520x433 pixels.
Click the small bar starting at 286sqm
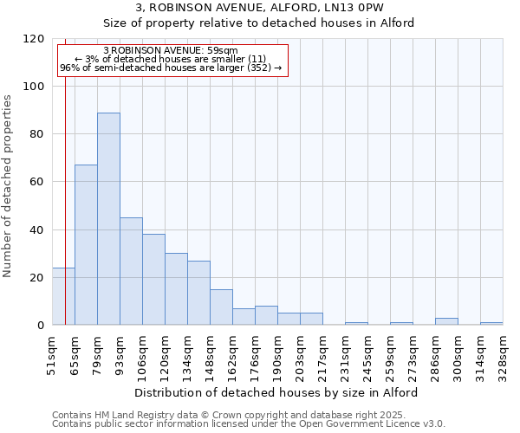pos(446,321)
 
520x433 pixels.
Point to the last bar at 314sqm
pos(491,323)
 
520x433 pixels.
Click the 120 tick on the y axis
pos(34,39)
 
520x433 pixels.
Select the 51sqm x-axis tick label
pos(52,355)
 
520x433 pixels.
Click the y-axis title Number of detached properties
pos(9,186)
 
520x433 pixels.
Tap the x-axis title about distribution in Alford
pos(277,392)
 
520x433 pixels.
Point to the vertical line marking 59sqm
pos(66,173)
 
